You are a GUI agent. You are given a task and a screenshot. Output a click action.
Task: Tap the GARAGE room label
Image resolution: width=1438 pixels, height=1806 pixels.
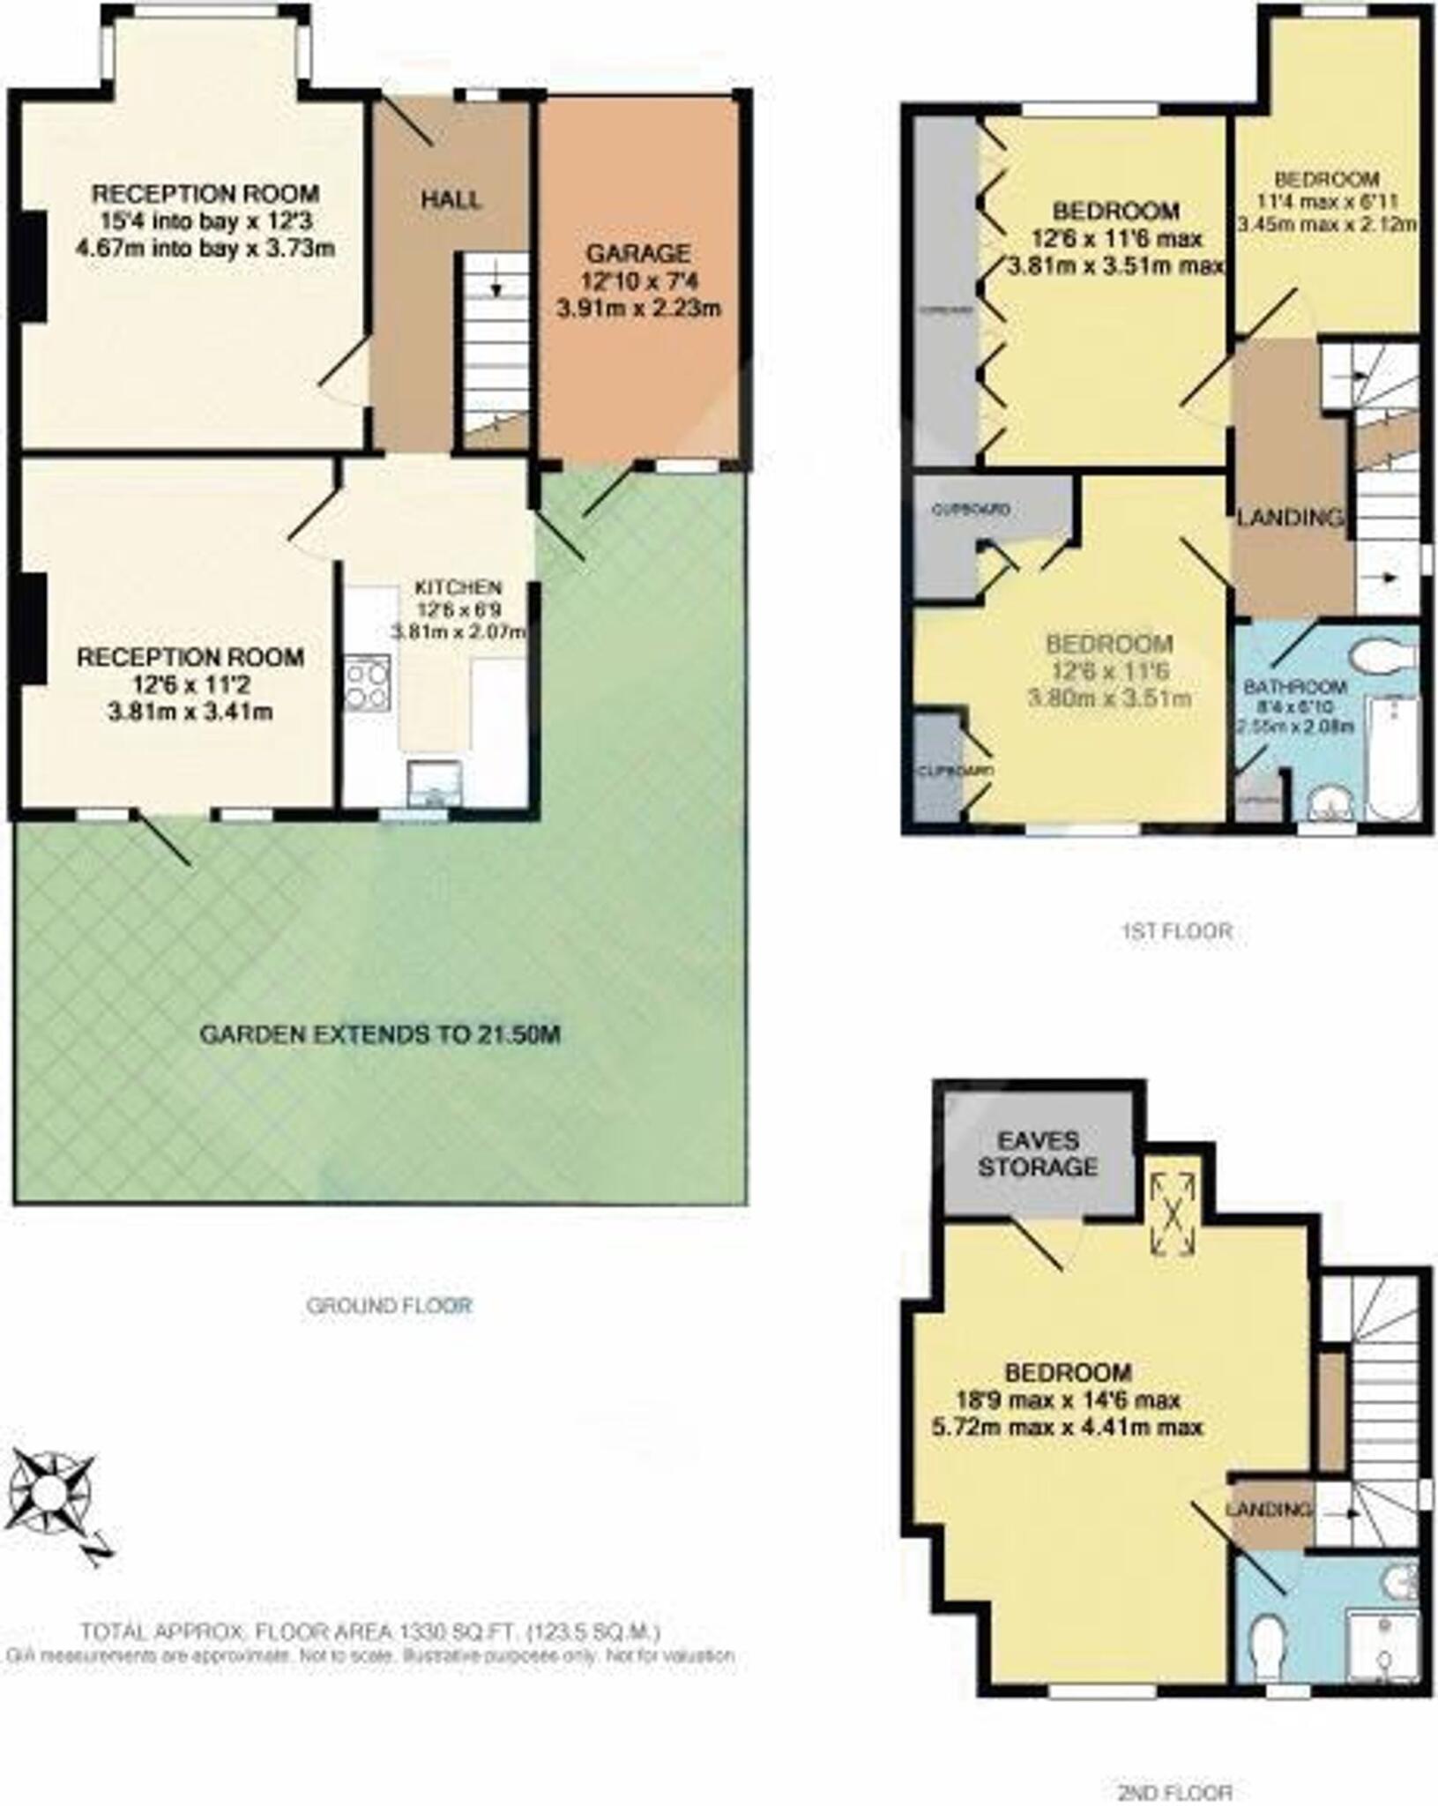point(638,254)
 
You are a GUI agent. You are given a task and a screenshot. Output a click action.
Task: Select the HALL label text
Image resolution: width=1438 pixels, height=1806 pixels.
point(451,199)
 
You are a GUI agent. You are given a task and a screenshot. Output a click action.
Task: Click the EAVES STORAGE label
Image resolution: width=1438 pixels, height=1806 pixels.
point(1038,1153)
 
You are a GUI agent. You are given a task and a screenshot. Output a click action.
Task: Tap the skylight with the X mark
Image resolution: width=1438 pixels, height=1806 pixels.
point(1173,1213)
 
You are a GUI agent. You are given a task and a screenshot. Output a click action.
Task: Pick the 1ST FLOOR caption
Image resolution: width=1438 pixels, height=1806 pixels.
point(1177,931)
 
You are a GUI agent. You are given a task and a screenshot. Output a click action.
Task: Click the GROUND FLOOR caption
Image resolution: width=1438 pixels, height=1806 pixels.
point(389,1305)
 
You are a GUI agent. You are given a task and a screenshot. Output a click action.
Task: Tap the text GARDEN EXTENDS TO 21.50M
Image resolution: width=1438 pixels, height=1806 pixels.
point(380,1034)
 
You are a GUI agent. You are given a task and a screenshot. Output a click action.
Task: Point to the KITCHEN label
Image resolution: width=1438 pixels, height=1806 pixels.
point(458,587)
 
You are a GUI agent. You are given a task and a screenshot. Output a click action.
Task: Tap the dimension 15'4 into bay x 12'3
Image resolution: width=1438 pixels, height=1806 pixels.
point(205,220)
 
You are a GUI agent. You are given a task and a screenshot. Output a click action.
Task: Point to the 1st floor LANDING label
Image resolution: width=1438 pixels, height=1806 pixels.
point(1291,518)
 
